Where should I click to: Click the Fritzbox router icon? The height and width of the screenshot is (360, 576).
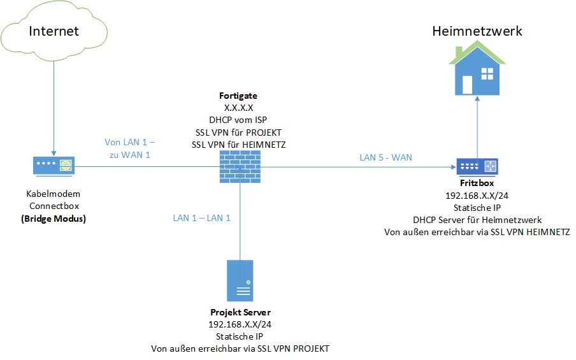coord(478,167)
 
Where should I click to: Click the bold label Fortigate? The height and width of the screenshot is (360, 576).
coord(239,96)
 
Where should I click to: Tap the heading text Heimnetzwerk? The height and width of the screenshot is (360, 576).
coord(477,31)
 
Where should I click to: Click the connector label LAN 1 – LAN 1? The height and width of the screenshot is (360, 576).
coord(202,218)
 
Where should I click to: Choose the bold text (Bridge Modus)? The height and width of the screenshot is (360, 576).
coord(54,219)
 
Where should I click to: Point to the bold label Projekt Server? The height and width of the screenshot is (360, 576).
coord(240,312)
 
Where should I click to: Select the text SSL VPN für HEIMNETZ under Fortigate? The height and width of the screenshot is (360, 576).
coord(239,145)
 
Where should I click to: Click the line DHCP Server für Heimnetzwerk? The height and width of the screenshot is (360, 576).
coord(477,220)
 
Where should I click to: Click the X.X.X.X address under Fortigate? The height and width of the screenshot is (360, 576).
coord(239,108)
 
